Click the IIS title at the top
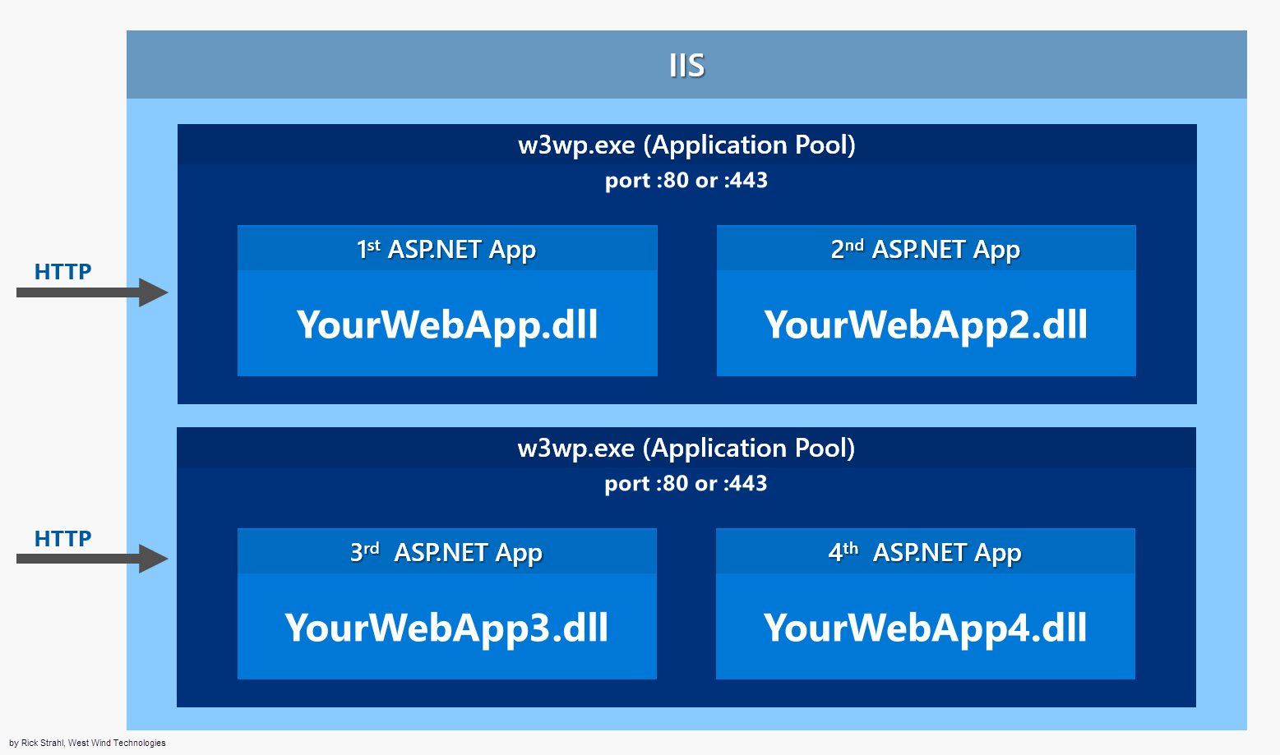[x=686, y=65]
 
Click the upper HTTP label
[x=62, y=271]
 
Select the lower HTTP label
[x=62, y=538]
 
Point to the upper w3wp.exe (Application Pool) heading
[x=686, y=145]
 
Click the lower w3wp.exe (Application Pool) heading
[x=686, y=448]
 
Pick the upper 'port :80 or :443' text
[x=686, y=180]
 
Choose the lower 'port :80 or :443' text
[x=686, y=483]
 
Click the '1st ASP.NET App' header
[x=446, y=249]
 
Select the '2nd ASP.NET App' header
[x=926, y=249]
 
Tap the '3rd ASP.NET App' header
[x=446, y=552]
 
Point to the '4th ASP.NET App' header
[x=925, y=552]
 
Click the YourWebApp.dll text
[x=447, y=325]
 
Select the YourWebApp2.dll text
[x=926, y=325]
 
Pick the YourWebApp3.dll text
[x=446, y=628]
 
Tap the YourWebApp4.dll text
[x=925, y=628]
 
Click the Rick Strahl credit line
[x=87, y=743]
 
